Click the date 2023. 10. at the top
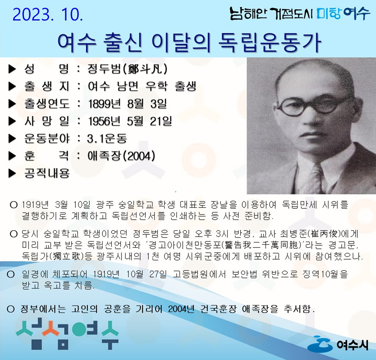pos(48,14)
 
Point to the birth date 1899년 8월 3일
pos(128,104)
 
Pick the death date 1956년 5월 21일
pos(130,121)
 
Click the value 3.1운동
pos(107,138)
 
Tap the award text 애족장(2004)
pos(121,156)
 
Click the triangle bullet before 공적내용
pos(12,173)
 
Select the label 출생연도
pos(47,104)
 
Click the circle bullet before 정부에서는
pos(11,309)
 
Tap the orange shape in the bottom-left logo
pos(51,328)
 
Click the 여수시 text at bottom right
pos(352,345)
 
